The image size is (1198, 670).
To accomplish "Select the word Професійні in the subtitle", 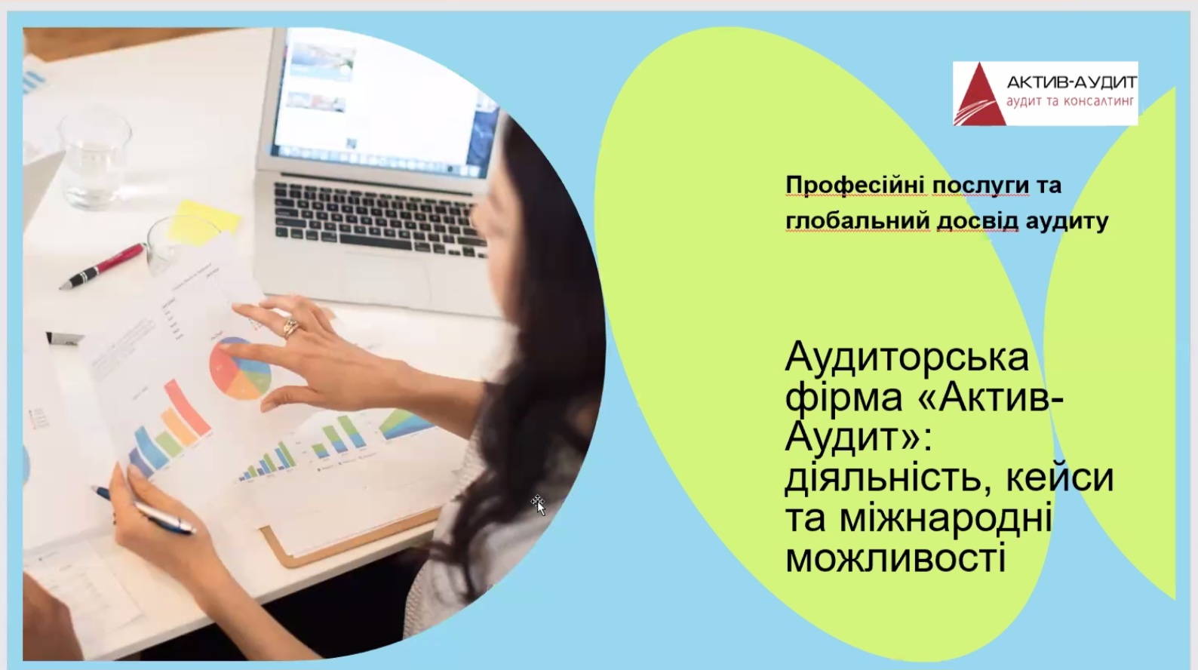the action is point(855,186).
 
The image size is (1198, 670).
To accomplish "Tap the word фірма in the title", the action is point(844,399).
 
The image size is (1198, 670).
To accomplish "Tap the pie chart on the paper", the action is point(240,368).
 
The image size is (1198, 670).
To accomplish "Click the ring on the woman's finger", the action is point(290,327).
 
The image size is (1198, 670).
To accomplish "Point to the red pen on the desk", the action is point(103,267).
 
